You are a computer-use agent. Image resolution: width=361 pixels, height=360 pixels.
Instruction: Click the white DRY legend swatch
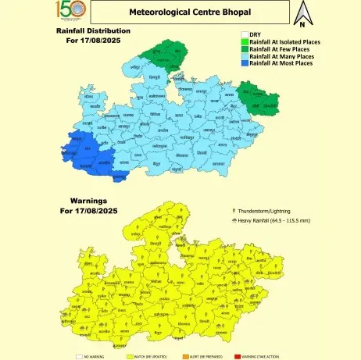point(244,35)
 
